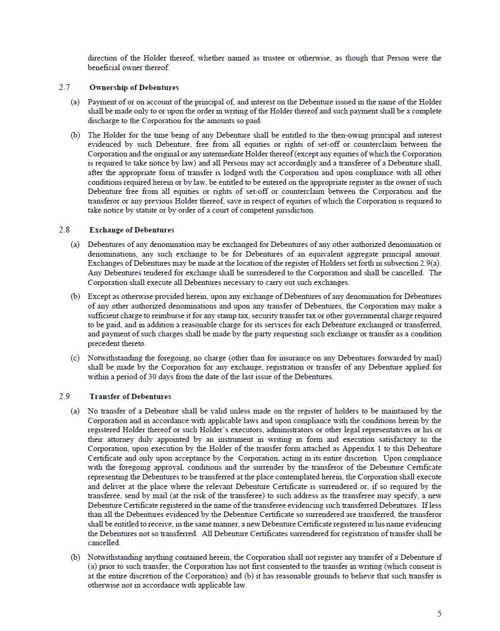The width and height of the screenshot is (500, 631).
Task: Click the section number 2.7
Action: tap(64, 87)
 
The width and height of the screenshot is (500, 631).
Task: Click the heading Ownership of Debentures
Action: tap(134, 87)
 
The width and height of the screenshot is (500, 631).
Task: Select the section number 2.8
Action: tap(64, 230)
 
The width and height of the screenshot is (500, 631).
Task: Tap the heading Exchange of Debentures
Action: tap(132, 230)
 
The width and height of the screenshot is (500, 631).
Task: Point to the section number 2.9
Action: tap(64, 396)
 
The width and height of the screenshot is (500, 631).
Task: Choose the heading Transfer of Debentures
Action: tap(130, 396)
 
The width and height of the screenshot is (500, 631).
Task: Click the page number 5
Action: tap(440, 613)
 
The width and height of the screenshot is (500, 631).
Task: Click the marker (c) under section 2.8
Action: tap(75, 358)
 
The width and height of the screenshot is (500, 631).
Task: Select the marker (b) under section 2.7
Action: tap(75, 135)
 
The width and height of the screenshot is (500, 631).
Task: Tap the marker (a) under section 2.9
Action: tap(75, 411)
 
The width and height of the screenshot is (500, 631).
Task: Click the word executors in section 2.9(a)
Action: tap(243, 430)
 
